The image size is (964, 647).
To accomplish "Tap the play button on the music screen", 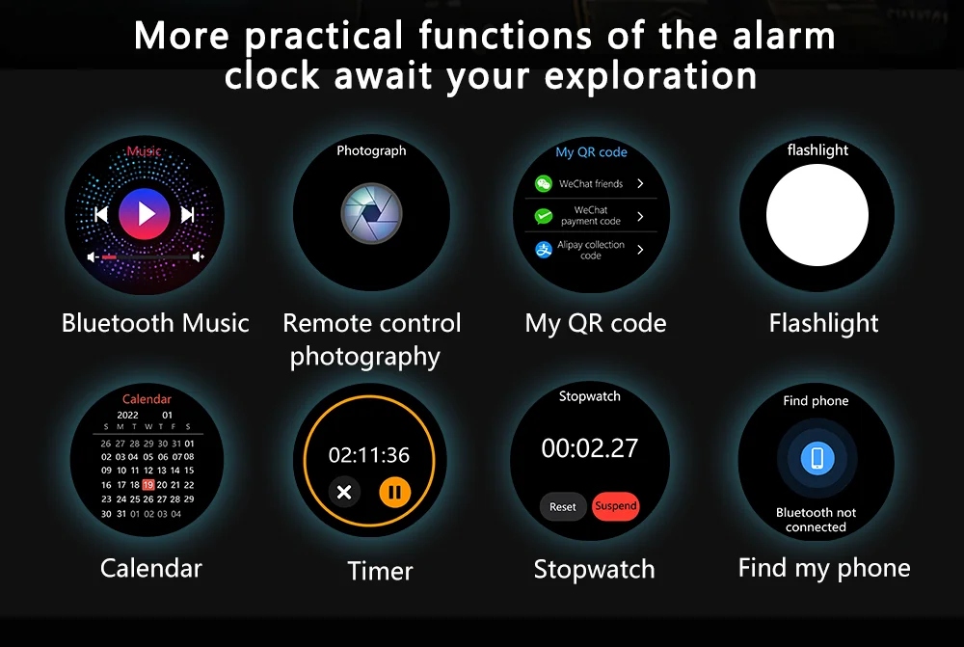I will tap(146, 213).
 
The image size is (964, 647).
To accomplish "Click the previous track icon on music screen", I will tap(101, 214).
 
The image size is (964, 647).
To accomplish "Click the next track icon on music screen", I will tap(188, 214).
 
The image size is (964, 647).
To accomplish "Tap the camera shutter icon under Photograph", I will tap(371, 213).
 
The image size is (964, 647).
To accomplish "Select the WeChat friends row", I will tap(591, 183).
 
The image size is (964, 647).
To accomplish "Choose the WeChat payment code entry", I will tap(591, 215).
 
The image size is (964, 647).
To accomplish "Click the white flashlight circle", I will tap(817, 215).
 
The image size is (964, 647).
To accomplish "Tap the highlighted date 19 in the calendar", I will tap(147, 485).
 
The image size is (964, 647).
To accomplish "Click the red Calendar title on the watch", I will tap(147, 399).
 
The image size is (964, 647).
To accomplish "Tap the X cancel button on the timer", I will tap(343, 493).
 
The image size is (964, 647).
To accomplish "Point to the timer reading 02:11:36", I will tap(369, 455).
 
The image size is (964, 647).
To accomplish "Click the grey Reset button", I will tap(563, 506).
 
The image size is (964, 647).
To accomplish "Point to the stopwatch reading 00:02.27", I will tap(590, 448).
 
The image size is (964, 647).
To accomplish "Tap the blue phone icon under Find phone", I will tap(817, 458).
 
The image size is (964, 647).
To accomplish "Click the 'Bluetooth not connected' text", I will tap(816, 520).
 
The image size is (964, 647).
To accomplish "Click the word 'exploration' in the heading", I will tap(651, 75).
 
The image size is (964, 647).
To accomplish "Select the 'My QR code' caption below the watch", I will tap(595, 323).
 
